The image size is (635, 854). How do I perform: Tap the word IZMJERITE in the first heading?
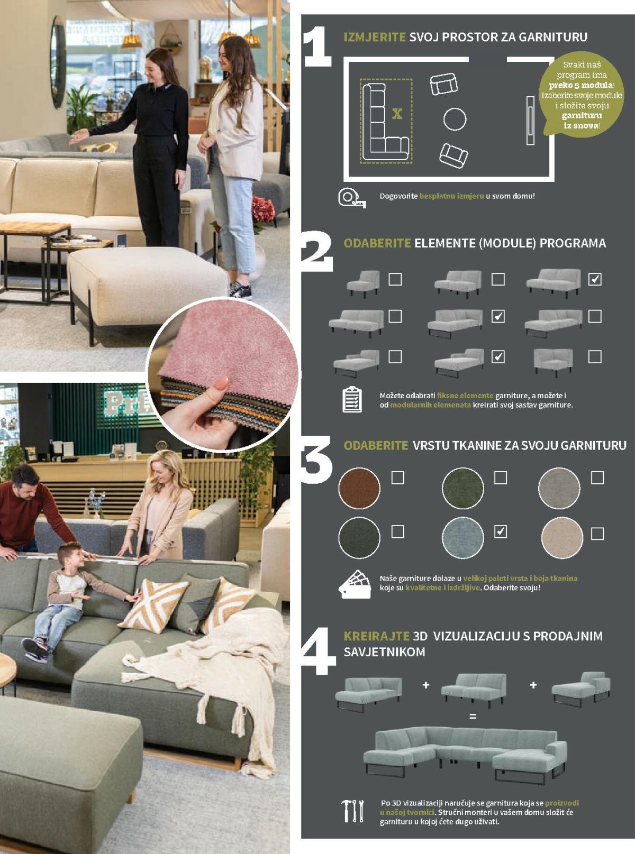(375, 37)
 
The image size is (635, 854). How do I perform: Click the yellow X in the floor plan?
(397, 114)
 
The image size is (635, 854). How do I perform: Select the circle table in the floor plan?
(455, 119)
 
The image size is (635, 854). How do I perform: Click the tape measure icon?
(351, 198)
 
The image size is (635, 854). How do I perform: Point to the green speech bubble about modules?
(581, 94)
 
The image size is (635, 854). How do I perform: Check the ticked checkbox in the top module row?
(595, 279)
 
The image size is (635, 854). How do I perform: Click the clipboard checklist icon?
(352, 399)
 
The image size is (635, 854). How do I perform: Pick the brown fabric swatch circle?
(359, 488)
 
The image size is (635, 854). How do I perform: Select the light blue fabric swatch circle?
(462, 537)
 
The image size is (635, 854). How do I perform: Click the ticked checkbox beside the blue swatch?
(501, 531)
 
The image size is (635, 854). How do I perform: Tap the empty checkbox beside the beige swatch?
(597, 533)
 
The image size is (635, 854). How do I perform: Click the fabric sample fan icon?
(355, 584)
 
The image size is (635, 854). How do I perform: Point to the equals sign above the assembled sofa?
(473, 717)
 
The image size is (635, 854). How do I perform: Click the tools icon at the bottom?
(352, 811)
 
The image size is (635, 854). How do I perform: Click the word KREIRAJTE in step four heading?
(376, 636)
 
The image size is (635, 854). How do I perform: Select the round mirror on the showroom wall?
(58, 62)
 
